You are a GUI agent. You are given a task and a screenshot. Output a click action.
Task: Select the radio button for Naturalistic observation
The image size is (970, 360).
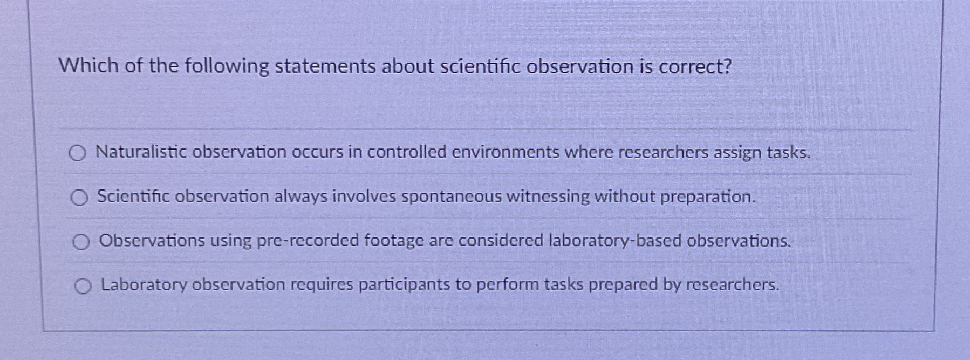(x=77, y=154)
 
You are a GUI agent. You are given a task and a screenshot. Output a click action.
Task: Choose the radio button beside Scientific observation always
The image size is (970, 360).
(x=79, y=199)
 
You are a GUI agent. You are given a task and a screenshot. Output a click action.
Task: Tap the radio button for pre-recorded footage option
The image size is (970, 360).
(x=81, y=243)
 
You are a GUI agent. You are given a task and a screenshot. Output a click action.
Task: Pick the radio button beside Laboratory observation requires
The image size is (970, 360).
(x=83, y=287)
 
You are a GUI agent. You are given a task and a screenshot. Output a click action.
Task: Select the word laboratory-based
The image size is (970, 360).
(x=615, y=241)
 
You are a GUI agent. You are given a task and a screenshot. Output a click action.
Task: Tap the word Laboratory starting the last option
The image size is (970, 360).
(x=144, y=285)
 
